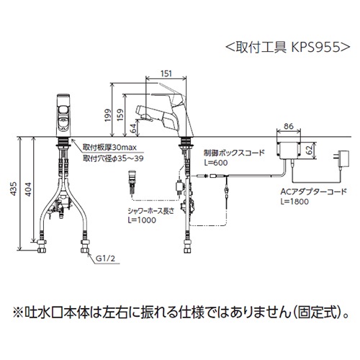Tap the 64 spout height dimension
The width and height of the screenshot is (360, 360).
135,127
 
